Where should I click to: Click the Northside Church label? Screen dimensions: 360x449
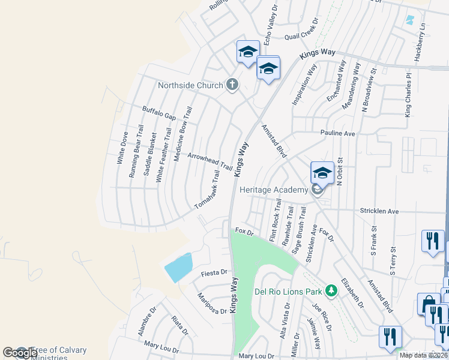[190, 85]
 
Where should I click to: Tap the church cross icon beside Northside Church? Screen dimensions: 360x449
[232, 85]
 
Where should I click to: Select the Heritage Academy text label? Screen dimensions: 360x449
[273, 190]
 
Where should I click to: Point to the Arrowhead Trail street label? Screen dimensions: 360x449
[209, 161]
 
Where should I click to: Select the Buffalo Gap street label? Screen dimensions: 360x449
[158, 113]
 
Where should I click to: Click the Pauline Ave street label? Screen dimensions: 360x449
[338, 133]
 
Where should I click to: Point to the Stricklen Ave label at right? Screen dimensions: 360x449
[379, 211]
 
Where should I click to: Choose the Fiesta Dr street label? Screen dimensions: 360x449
[214, 274]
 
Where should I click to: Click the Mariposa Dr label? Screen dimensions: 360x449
[212, 303]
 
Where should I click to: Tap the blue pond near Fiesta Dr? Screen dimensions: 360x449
[178, 268]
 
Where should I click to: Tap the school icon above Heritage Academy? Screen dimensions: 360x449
[322, 173]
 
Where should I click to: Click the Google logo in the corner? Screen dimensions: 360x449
[19, 353]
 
